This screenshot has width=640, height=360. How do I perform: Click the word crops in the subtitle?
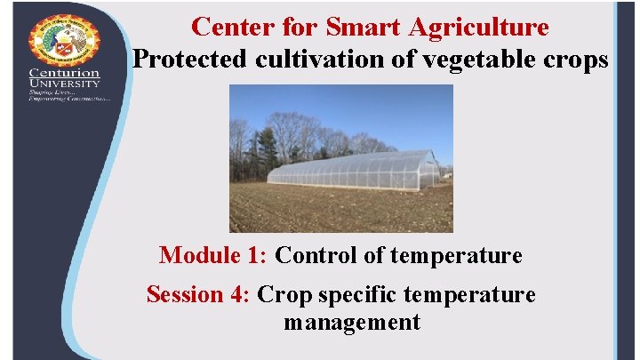click(x=576, y=60)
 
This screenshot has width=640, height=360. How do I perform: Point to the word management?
click(x=352, y=322)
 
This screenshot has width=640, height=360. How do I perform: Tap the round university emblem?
click(x=64, y=39)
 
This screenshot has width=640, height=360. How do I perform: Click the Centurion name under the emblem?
click(x=64, y=73)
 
